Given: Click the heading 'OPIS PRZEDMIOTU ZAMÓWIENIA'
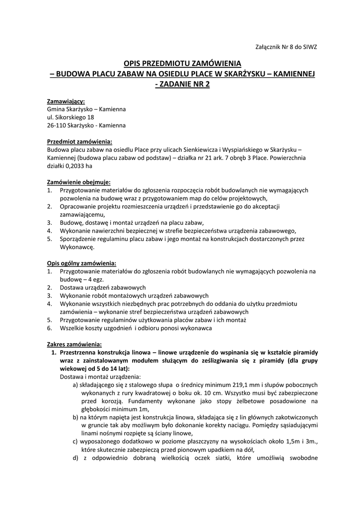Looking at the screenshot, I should (182, 63).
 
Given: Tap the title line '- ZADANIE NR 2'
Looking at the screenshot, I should (182, 84).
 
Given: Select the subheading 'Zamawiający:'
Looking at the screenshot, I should (66, 101).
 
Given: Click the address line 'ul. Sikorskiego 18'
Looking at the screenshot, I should (71, 117).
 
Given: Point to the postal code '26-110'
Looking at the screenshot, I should (56, 126).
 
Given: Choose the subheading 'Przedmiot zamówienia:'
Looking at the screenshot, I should (79, 141).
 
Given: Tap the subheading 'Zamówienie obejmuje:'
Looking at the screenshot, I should (79, 182).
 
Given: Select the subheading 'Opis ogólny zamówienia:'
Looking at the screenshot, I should (82, 263).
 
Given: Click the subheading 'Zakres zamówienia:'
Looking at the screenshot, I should (74, 344).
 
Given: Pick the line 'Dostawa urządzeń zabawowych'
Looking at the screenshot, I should (103, 288).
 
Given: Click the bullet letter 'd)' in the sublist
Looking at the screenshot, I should (75, 458).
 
